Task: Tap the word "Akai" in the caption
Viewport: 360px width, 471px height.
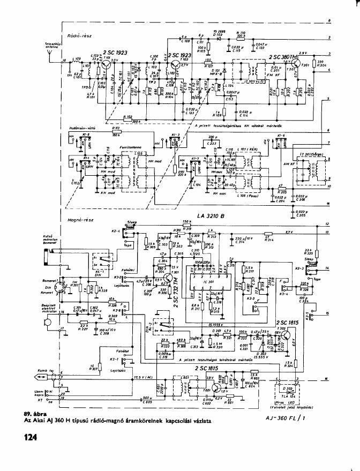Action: pos(39,421)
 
